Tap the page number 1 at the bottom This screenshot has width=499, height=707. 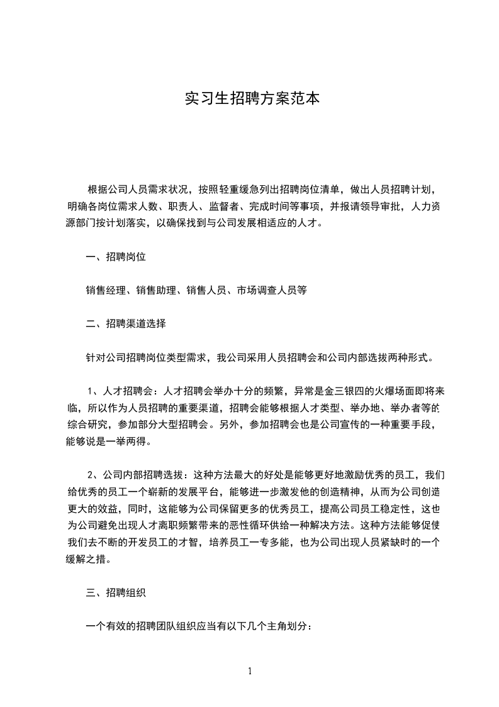[250, 671]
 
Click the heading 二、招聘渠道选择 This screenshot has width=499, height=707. [126, 324]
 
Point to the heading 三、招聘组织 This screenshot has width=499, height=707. [116, 593]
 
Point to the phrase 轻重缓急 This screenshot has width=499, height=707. [228, 189]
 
